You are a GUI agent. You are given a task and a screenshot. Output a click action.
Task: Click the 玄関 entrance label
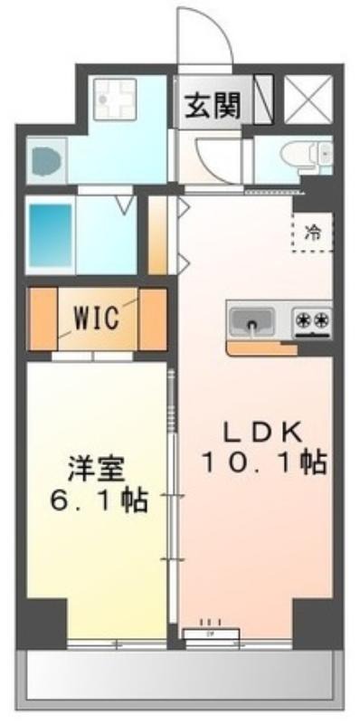point(213,107)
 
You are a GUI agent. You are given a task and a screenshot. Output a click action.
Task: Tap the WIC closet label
point(98,319)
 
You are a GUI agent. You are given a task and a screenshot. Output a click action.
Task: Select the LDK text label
point(262,432)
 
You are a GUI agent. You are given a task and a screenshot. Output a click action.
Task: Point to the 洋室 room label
point(96,470)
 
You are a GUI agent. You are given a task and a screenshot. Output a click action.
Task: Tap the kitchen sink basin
point(251,319)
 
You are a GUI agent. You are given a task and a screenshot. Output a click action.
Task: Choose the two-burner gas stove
point(312,321)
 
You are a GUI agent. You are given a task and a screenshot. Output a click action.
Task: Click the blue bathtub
point(51,234)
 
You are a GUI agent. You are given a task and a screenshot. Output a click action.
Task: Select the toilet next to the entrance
point(306,154)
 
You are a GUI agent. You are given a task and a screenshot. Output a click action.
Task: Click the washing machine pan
point(115,100)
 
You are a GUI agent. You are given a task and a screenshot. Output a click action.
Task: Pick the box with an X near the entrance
point(308,100)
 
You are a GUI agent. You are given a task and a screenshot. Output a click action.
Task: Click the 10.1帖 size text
point(263,462)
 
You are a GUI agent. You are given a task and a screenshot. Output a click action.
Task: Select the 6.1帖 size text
point(99,500)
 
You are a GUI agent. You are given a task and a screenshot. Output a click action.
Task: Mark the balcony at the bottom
point(180,682)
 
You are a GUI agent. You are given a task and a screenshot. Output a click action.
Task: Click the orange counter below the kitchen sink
point(261,348)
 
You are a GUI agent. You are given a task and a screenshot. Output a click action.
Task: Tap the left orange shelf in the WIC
point(43,319)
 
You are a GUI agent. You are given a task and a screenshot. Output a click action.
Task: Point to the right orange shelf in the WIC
point(152,319)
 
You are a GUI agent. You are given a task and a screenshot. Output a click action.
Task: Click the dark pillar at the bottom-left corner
point(42,624)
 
